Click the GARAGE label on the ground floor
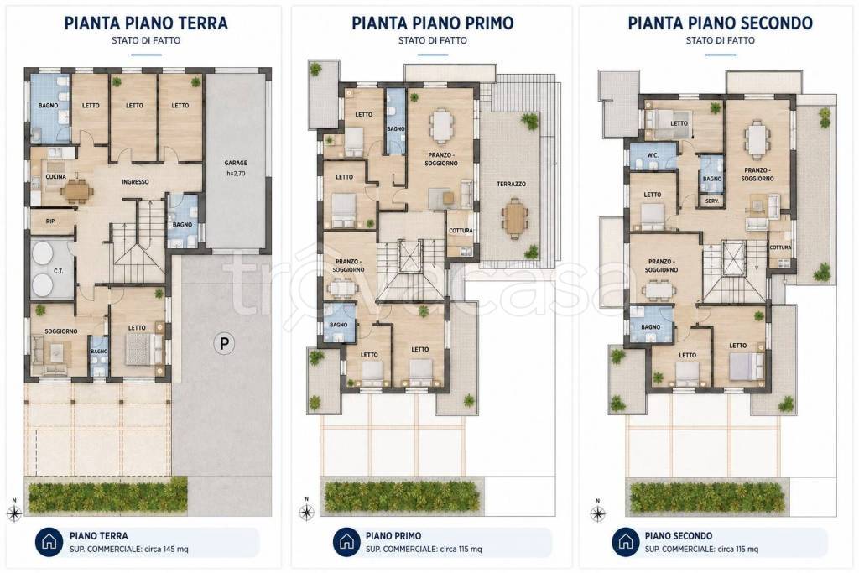(x=236, y=163)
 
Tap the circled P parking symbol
(x=224, y=343)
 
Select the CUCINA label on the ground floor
(x=56, y=176)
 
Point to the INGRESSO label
(x=135, y=181)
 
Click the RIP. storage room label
(x=50, y=221)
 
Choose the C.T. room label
(x=58, y=271)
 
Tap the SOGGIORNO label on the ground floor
(x=60, y=331)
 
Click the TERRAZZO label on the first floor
(x=511, y=184)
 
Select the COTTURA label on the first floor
(x=461, y=231)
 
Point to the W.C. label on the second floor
(x=653, y=155)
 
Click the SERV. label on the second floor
(x=712, y=201)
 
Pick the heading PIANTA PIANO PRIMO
(x=433, y=23)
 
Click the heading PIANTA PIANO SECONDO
(x=721, y=23)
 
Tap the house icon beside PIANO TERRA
(x=49, y=542)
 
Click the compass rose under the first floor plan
(x=307, y=512)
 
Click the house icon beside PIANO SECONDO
(x=625, y=542)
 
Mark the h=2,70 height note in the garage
(x=236, y=174)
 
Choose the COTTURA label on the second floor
(x=781, y=247)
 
